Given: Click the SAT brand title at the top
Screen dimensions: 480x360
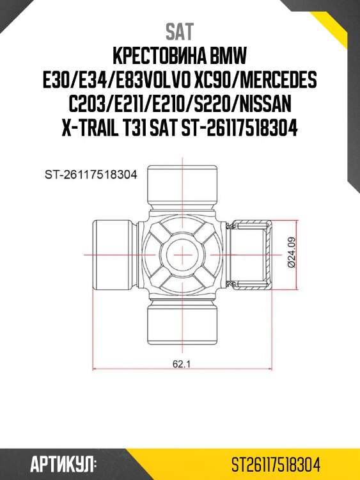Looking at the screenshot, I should [180, 31].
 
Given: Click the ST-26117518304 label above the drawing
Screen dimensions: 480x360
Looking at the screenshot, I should [91, 174].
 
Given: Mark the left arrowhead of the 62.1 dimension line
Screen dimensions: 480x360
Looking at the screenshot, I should [97, 370].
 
